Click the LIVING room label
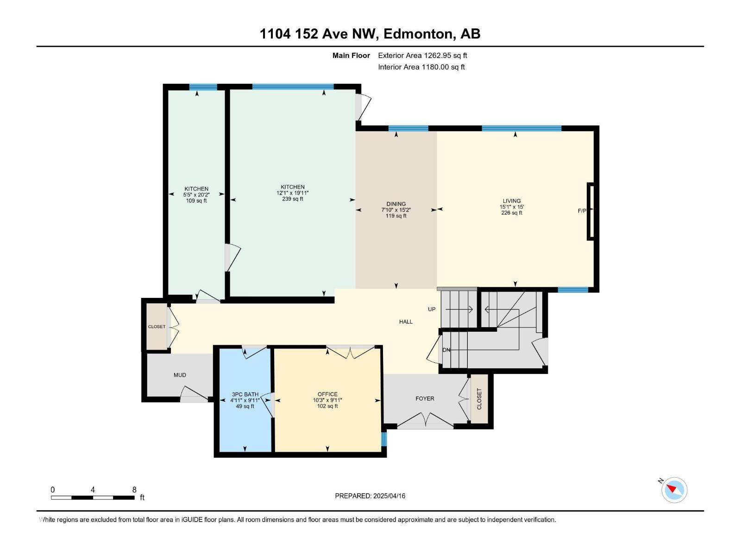(511, 201)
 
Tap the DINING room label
(396, 204)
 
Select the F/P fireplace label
(582, 211)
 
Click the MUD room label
(180, 375)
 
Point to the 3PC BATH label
(245, 394)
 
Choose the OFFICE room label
(327, 394)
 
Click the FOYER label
(425, 398)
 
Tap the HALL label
(406, 322)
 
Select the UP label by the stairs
(432, 309)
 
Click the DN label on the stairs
(446, 350)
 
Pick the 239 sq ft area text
(292, 199)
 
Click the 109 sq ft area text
(196, 201)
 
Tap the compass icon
(674, 490)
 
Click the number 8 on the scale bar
(134, 490)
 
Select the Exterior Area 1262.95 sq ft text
(422, 55)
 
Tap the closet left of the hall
(157, 327)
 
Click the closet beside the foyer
(479, 399)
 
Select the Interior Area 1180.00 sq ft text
(421, 67)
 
